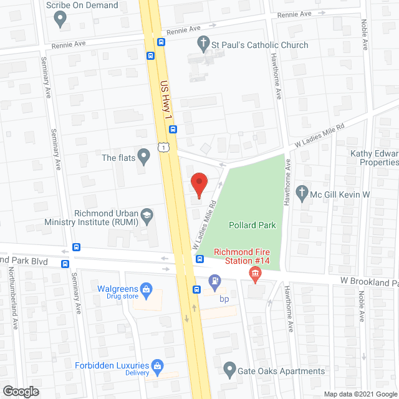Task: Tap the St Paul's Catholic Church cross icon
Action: pos(203,45)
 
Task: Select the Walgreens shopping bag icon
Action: pos(146,289)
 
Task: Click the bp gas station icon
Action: pos(214,282)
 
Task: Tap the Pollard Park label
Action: pos(252,225)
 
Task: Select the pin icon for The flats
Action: pos(145,158)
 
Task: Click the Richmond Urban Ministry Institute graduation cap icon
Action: pos(147,215)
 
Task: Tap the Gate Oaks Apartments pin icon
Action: pos(230,371)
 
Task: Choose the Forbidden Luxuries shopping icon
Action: pos(158,366)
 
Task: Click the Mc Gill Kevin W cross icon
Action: pos(302,194)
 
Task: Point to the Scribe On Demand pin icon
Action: pos(60,19)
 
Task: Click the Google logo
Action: pos(21,391)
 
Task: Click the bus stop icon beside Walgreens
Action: pos(196,289)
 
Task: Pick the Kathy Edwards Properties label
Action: pos(365,156)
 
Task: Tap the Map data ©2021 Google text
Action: pos(358,393)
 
